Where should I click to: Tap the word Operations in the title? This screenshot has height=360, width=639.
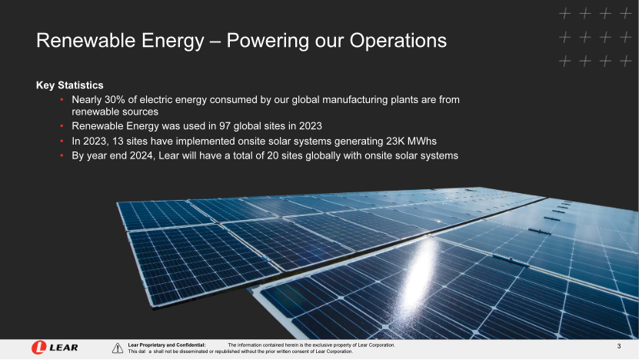click(x=398, y=40)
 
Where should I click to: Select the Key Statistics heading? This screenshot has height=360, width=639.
click(x=70, y=85)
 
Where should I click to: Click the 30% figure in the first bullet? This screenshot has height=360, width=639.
click(x=115, y=99)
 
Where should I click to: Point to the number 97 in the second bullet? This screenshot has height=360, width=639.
click(x=225, y=126)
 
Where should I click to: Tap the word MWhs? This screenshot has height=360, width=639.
click(x=422, y=141)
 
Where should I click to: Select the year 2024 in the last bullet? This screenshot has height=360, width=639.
click(x=141, y=155)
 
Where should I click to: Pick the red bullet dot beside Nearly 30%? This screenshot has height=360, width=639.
click(x=62, y=99)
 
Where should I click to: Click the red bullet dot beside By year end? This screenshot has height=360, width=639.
click(x=62, y=155)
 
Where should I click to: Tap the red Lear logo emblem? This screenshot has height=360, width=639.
click(x=38, y=348)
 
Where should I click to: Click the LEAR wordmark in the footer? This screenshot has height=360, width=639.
click(x=64, y=348)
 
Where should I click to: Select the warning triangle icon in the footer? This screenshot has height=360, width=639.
click(x=118, y=348)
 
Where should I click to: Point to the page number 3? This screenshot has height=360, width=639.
click(x=619, y=346)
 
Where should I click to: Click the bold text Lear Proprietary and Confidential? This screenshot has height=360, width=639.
click(x=167, y=345)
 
